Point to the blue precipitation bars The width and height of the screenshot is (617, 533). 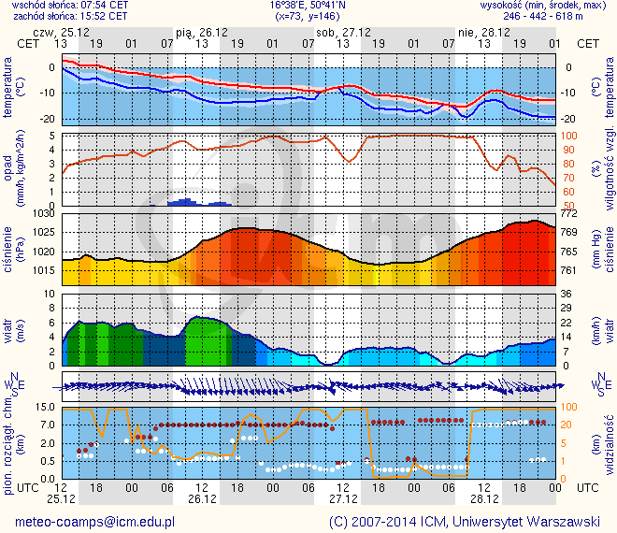(183, 201)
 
